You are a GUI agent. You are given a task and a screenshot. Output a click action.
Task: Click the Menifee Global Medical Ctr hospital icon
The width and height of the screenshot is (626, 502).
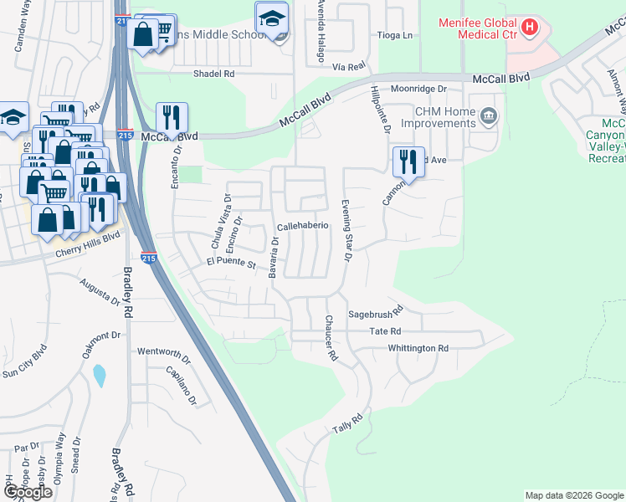pos(529,28)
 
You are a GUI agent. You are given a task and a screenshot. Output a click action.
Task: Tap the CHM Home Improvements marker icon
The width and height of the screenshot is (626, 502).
pos(487,115)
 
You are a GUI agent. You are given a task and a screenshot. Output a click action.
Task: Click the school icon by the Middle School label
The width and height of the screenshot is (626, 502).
pos(271,18)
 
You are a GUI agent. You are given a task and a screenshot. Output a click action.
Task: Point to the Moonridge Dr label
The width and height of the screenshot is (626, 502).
pos(420,88)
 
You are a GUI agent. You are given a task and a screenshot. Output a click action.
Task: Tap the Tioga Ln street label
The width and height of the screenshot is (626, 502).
pos(397,35)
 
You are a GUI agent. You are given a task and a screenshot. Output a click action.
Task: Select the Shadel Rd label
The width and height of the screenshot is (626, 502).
pos(214,74)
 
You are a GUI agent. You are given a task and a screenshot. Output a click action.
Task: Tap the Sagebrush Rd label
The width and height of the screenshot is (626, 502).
pos(376,309)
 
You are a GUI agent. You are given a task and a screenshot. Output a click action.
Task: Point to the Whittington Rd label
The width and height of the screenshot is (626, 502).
pos(418,348)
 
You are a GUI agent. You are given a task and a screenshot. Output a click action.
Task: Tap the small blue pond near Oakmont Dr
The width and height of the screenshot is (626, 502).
pos(100,376)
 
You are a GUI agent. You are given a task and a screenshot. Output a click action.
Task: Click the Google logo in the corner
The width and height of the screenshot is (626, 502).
pos(28,492)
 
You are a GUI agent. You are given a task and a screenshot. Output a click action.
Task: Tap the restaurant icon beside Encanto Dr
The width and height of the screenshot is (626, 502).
pos(172,116)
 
